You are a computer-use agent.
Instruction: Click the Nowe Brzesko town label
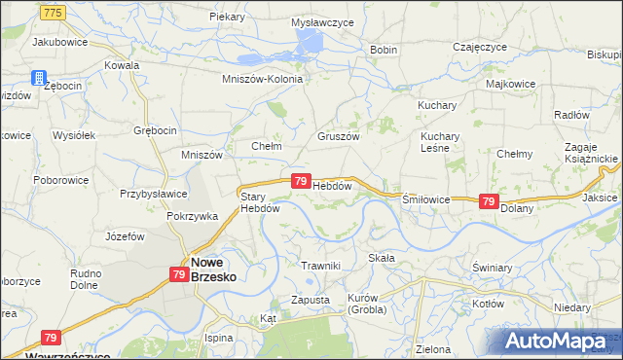[x=213, y=269]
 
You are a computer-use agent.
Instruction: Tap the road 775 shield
[x=54, y=11]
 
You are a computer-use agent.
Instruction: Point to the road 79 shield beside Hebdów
[x=301, y=181]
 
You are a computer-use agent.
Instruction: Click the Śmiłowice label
[x=425, y=198]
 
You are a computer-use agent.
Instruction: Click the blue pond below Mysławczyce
[x=310, y=41]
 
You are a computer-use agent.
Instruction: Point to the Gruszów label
[x=339, y=137]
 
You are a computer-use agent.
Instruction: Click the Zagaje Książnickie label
[x=591, y=151]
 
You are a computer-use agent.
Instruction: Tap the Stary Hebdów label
[x=260, y=201]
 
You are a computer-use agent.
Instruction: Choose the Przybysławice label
[x=153, y=193]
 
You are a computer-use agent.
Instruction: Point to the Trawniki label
[x=320, y=266]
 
